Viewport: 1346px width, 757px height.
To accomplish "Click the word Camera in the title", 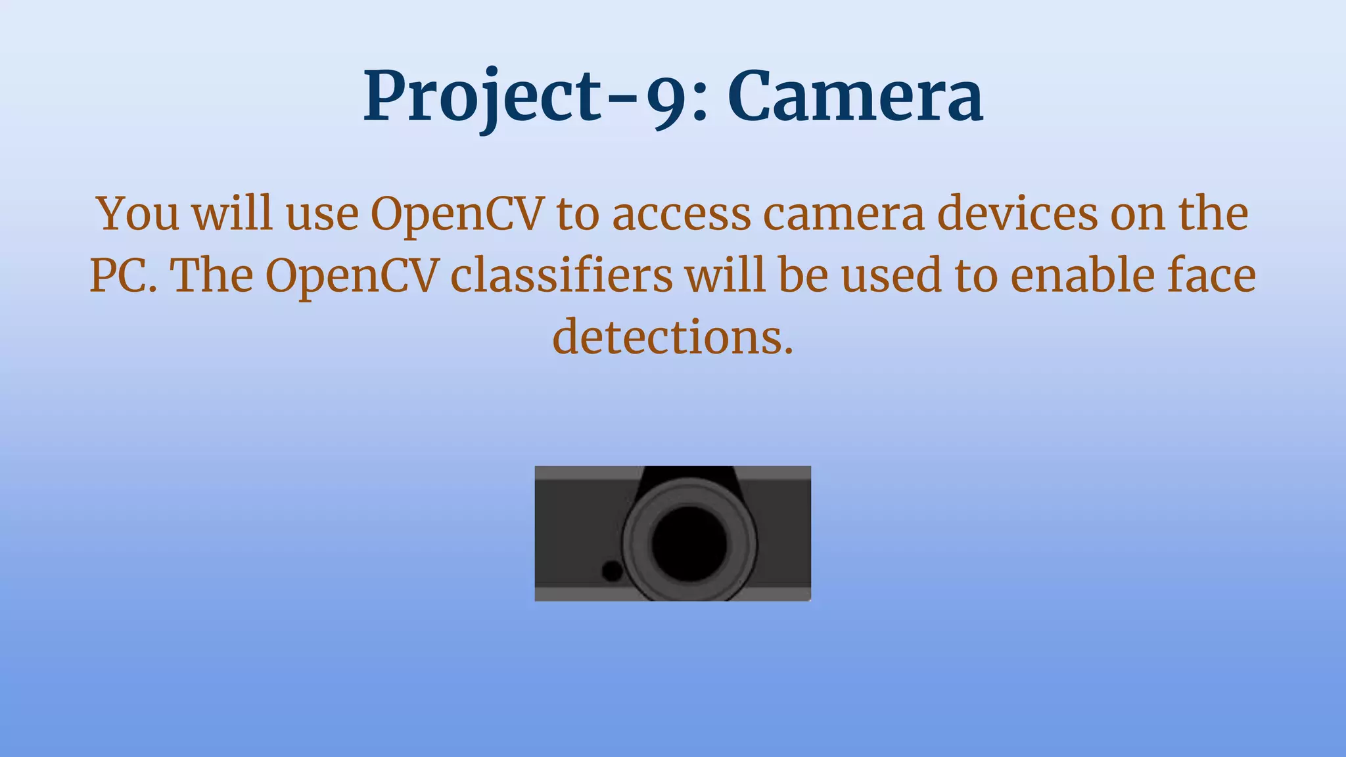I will pos(855,97).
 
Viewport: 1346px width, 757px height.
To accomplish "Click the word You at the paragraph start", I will pos(137,214).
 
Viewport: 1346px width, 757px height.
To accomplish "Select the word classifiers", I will pos(562,275).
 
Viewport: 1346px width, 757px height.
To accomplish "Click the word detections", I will pos(673,337).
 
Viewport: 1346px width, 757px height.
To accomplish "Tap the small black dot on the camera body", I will pos(613,570).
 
